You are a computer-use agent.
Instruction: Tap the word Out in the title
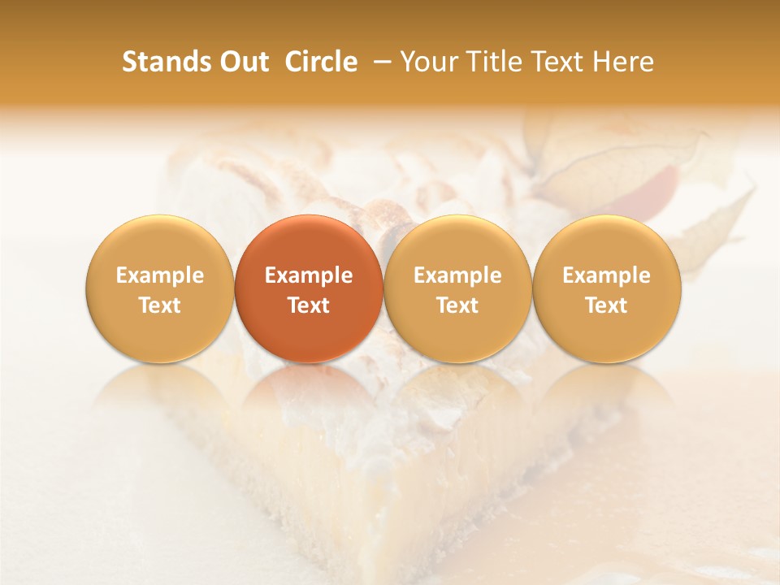[242, 62]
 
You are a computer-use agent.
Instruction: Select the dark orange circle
[309, 288]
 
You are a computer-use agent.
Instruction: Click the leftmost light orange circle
[159, 288]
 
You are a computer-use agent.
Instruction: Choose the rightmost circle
[607, 288]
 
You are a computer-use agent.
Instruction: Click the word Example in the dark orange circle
[309, 275]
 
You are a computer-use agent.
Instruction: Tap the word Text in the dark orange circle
[309, 305]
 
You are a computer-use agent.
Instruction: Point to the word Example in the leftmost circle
[159, 275]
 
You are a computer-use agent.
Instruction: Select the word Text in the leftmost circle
[159, 305]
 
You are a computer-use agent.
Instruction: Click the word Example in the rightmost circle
[607, 275]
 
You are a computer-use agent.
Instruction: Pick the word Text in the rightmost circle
[607, 305]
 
